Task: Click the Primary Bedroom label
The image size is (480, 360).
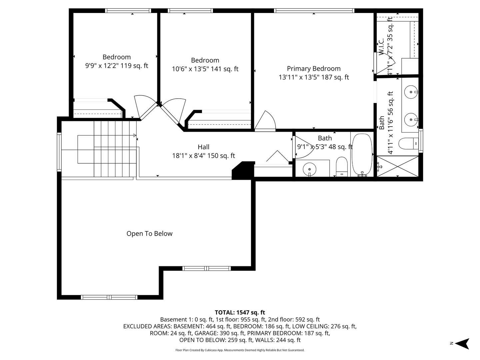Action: [x=314, y=69]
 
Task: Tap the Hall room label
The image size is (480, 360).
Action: [x=203, y=147]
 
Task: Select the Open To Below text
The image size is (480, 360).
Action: [x=149, y=234]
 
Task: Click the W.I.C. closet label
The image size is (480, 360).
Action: [x=381, y=47]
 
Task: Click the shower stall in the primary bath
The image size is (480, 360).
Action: [x=397, y=166]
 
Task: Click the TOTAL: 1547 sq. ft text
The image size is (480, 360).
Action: [x=240, y=313]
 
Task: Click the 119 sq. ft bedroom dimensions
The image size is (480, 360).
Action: [x=117, y=66]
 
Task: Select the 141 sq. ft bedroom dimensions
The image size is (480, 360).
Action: [x=205, y=69]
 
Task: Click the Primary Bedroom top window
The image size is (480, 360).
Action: [x=314, y=11]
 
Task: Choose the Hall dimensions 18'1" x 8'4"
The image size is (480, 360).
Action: [x=203, y=156]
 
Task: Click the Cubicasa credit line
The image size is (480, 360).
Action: [x=240, y=350]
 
